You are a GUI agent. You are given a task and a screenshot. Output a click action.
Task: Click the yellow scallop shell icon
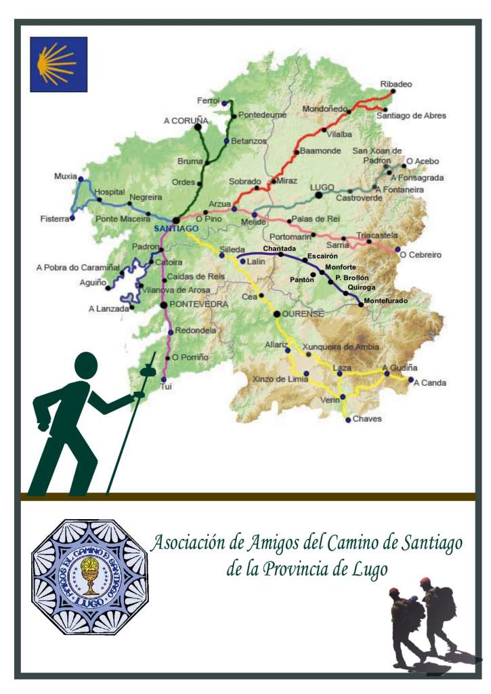tap(58, 64)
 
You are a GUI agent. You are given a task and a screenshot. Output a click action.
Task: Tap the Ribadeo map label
tap(396, 84)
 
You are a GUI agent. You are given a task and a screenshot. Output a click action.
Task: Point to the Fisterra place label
tap(54, 219)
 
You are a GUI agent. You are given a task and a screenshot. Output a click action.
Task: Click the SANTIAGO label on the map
tap(175, 229)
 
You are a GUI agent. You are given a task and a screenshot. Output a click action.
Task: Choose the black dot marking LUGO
tap(318, 195)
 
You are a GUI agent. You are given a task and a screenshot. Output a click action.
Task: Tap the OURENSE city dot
tap(276, 314)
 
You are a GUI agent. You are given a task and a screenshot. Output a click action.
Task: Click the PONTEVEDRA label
tap(198, 305)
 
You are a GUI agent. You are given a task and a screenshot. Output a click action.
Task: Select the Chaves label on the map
tap(367, 419)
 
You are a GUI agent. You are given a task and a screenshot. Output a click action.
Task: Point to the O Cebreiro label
tap(421, 255)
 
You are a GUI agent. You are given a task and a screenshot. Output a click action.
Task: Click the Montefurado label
tap(385, 300)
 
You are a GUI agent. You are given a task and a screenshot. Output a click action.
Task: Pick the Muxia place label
tap(65, 176)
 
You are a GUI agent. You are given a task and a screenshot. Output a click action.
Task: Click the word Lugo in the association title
tap(370, 569)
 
